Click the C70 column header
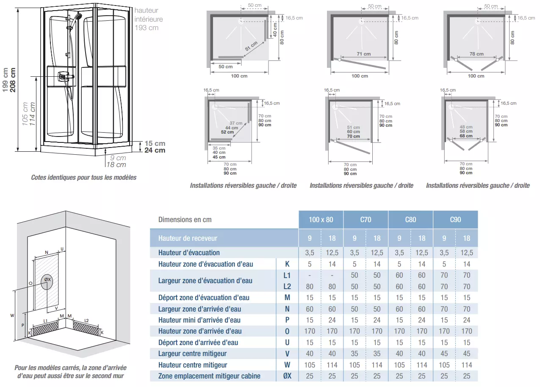pyautogui.click(x=366, y=220)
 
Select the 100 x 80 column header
pyautogui.click(x=321, y=220)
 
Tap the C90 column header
pyautogui.click(x=455, y=220)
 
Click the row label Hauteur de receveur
pyautogui.click(x=188, y=238)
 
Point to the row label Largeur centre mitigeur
pyautogui.click(x=192, y=354)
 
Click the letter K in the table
pyautogui.click(x=287, y=264)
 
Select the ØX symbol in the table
pyautogui.click(x=287, y=376)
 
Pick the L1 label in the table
pyautogui.click(x=287, y=275)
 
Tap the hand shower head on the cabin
pyautogui.click(x=78, y=17)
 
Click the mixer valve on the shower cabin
pyautogui.click(x=63, y=77)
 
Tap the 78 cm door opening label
pyautogui.click(x=476, y=54)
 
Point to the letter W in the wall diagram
pyautogui.click(x=12, y=315)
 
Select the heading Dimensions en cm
pyautogui.click(x=185, y=220)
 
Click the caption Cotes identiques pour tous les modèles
pyautogui.click(x=84, y=177)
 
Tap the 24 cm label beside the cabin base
pyautogui.click(x=155, y=150)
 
